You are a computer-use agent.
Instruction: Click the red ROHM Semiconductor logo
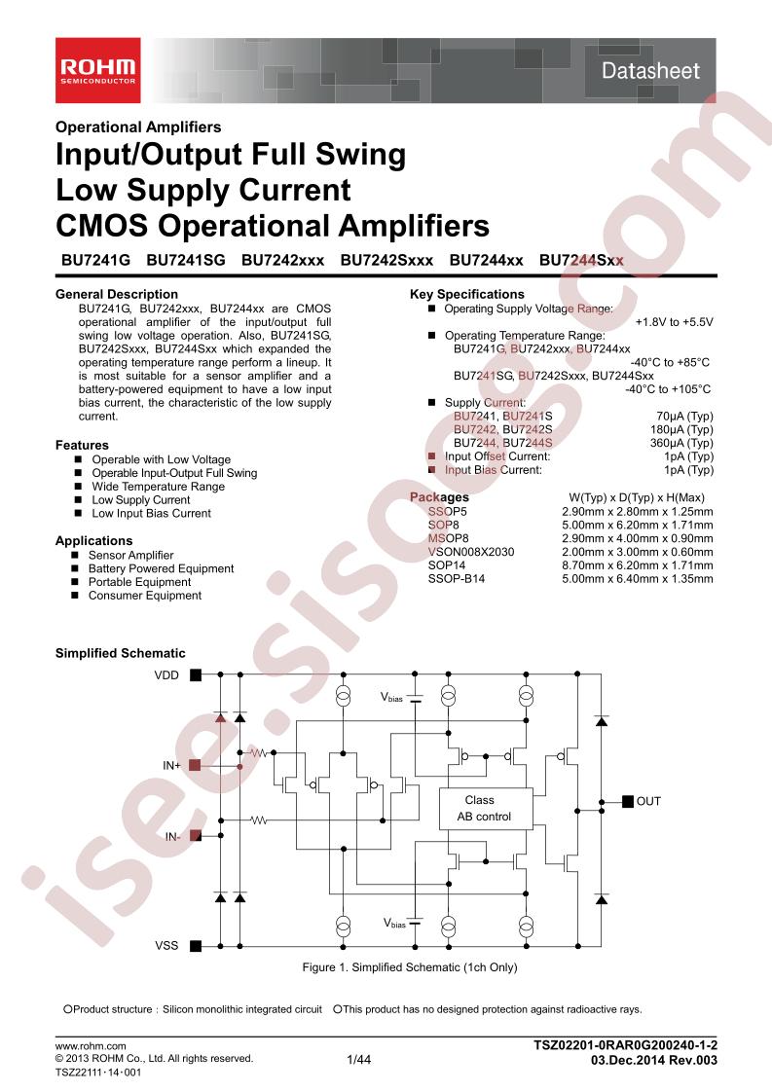coord(98,70)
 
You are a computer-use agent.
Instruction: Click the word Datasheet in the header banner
coord(650,70)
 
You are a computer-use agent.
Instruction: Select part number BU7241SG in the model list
coord(186,261)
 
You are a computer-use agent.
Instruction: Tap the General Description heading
coord(117,294)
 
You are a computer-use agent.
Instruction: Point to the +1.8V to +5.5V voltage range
coord(675,322)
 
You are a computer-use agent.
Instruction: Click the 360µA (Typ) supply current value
coord(681,443)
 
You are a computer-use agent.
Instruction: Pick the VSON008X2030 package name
coord(471,552)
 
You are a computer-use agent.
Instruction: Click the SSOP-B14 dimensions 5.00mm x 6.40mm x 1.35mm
coord(638,579)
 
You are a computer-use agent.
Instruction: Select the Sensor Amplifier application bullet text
coord(131,555)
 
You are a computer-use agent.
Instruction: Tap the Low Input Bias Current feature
coord(151,513)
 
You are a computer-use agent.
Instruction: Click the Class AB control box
coord(486,809)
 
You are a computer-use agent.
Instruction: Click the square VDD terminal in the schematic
coord(196,674)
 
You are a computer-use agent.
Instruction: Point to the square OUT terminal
coord(628,801)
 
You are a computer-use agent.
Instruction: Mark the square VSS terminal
coord(196,946)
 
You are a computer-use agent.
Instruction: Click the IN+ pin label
coord(171,765)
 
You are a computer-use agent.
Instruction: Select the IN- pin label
coord(172,836)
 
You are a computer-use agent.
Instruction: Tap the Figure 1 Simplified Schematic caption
coord(410,967)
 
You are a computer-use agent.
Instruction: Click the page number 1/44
coord(359,1060)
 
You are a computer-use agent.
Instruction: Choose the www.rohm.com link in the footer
coord(91,1046)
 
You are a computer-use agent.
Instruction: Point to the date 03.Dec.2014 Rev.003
coord(653,1060)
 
